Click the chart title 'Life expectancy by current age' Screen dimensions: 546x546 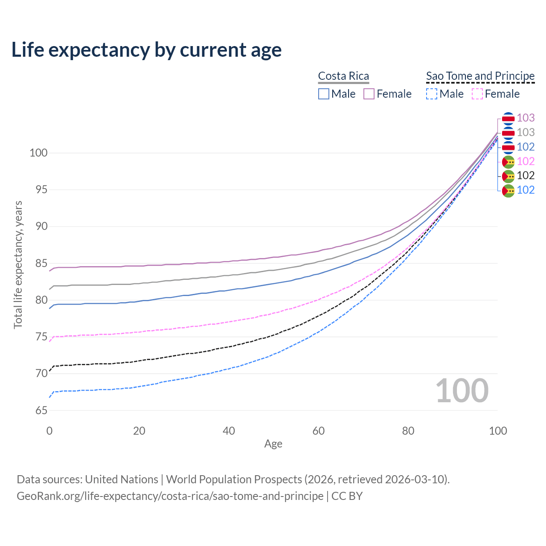pos(146,50)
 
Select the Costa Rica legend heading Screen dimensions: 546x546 pos(343,76)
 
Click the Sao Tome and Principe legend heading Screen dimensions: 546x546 pos(480,76)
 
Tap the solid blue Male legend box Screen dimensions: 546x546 pos(324,94)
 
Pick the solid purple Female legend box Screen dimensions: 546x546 pos(369,94)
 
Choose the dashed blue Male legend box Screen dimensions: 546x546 pos(432,94)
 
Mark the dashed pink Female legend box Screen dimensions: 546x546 pos(477,94)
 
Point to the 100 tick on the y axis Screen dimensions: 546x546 pos(38,153)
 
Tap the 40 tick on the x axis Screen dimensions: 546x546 pos(229,431)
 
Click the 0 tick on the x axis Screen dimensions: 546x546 pos(49,431)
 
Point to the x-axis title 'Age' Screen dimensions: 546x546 pos(273,444)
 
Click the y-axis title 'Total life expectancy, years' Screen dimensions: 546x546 pos(18,264)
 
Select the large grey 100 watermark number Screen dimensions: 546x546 pos(462,391)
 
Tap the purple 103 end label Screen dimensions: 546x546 pos(526,118)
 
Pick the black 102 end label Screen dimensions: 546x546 pos(526,175)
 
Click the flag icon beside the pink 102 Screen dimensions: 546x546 pos(508,161)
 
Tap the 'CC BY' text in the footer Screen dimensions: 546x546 pos(347,496)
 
